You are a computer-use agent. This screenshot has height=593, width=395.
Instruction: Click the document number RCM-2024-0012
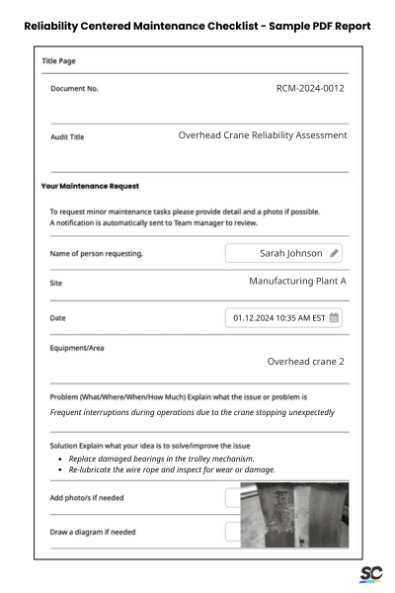point(310,89)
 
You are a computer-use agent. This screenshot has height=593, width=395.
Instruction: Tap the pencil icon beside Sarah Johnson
point(335,253)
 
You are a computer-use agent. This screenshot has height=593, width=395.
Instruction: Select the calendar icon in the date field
point(334,317)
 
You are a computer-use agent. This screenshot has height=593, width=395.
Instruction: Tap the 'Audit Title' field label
point(67,137)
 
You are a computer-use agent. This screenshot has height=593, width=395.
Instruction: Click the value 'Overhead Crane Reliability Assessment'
point(262,134)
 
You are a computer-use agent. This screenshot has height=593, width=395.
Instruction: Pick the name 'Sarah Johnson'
point(290,253)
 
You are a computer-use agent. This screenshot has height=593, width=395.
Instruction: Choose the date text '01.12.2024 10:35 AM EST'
point(278,317)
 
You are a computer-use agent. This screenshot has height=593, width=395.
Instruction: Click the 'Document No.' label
point(75,89)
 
